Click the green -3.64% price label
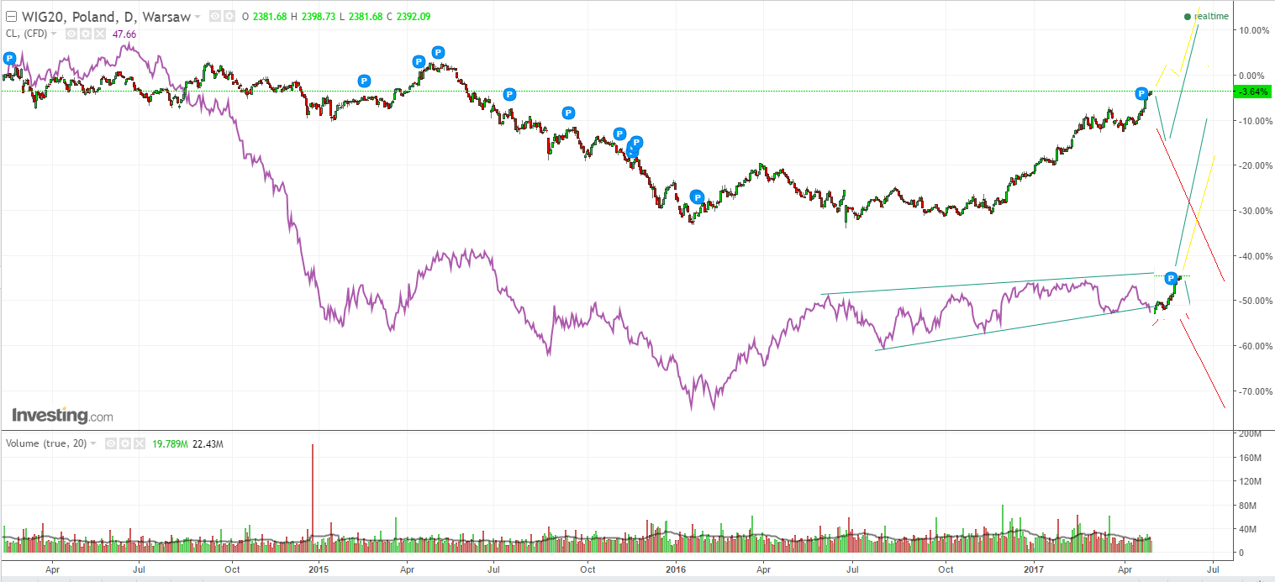(1251, 92)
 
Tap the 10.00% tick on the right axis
(1253, 30)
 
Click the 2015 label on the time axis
(319, 569)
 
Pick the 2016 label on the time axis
(675, 569)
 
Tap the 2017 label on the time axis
(1035, 569)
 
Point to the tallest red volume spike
(313, 487)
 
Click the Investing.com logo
(62, 416)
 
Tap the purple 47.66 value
(124, 34)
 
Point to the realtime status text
(1211, 16)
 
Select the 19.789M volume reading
(167, 443)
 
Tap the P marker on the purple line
(1171, 277)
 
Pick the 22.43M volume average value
(208, 443)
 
